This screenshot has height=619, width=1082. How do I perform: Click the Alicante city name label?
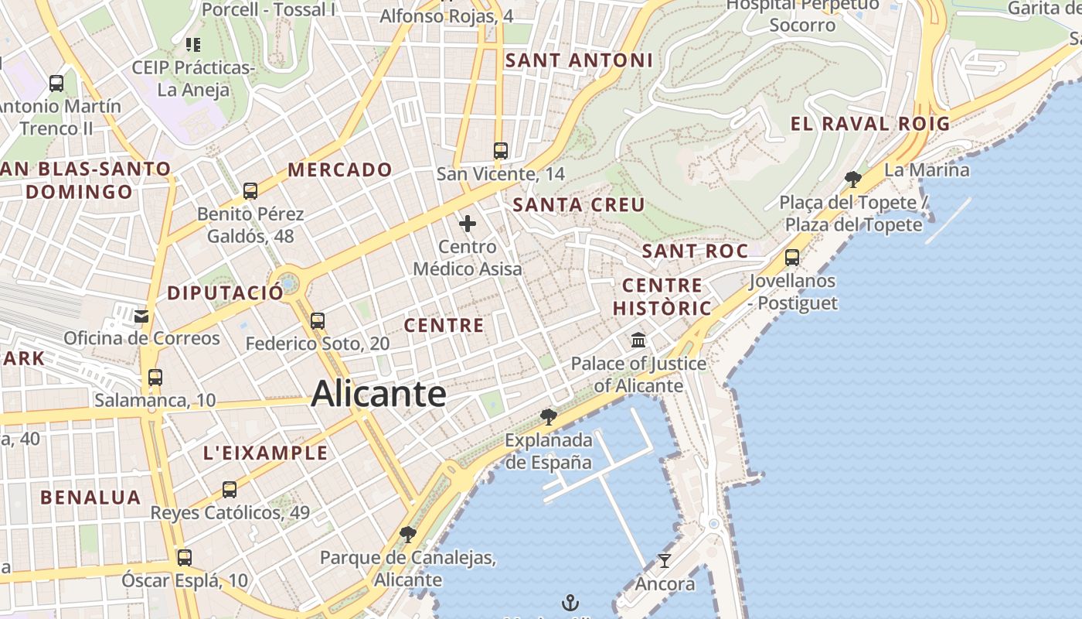coord(379,394)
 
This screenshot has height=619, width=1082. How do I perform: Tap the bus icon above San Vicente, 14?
coord(501,150)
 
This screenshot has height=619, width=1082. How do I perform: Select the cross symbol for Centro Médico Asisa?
coord(468,224)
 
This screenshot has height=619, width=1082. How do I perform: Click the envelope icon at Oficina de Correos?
coord(141,316)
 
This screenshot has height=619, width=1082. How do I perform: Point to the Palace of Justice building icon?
coord(638,340)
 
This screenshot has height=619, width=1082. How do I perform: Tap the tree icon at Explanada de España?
coord(549,417)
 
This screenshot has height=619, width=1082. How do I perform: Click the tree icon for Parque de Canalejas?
coord(408,534)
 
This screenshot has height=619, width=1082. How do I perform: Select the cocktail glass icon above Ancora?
coord(664,560)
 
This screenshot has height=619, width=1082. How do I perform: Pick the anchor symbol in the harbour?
coord(570,602)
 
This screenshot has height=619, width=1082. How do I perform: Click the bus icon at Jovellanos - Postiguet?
coord(792,258)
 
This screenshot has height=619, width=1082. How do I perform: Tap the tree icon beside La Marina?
coord(853,180)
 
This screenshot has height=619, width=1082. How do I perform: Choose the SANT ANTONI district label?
coord(579,60)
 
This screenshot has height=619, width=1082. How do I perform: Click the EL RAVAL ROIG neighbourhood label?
coord(870,123)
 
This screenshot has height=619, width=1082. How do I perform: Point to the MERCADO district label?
coord(340,169)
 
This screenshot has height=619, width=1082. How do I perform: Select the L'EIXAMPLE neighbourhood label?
coord(265,453)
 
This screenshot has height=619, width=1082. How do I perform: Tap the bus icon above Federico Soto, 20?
coord(318,320)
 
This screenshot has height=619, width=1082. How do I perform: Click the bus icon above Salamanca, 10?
coord(155,378)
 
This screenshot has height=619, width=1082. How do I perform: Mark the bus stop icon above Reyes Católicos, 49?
coord(230,490)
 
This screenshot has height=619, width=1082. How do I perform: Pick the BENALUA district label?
coord(90,498)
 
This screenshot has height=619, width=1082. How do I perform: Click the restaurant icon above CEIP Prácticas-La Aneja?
coord(193,45)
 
